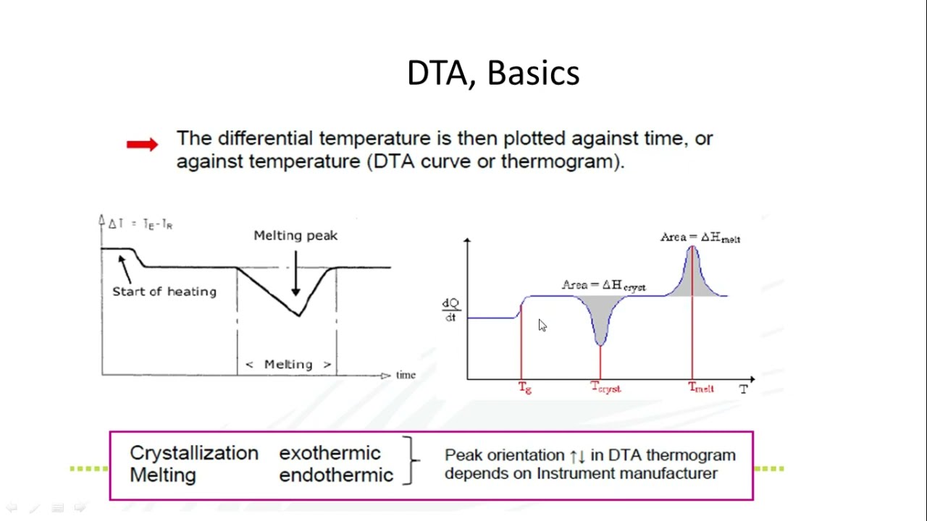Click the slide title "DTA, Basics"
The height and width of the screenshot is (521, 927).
click(x=493, y=74)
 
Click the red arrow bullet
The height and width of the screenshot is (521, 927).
click(x=142, y=145)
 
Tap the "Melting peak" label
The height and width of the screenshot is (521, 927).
click(x=295, y=236)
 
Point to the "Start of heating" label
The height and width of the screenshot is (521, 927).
click(x=164, y=292)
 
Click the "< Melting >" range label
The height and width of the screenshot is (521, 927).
click(x=288, y=365)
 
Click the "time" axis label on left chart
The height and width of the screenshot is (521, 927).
click(x=406, y=375)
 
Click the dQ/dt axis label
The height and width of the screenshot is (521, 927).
click(x=450, y=310)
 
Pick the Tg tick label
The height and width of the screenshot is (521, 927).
click(x=525, y=389)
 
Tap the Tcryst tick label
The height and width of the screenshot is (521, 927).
click(x=605, y=389)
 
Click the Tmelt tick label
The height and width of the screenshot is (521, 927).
click(x=700, y=389)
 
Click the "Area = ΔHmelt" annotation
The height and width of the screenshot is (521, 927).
click(x=700, y=238)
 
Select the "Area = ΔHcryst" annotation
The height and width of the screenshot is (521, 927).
click(x=603, y=286)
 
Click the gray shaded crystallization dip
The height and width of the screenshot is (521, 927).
click(x=600, y=315)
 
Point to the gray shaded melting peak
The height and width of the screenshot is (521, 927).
click(x=692, y=279)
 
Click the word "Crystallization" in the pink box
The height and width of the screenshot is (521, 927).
click(x=193, y=454)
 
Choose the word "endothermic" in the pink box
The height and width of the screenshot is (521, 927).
click(x=336, y=475)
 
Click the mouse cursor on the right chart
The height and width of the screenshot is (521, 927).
click(x=542, y=326)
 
